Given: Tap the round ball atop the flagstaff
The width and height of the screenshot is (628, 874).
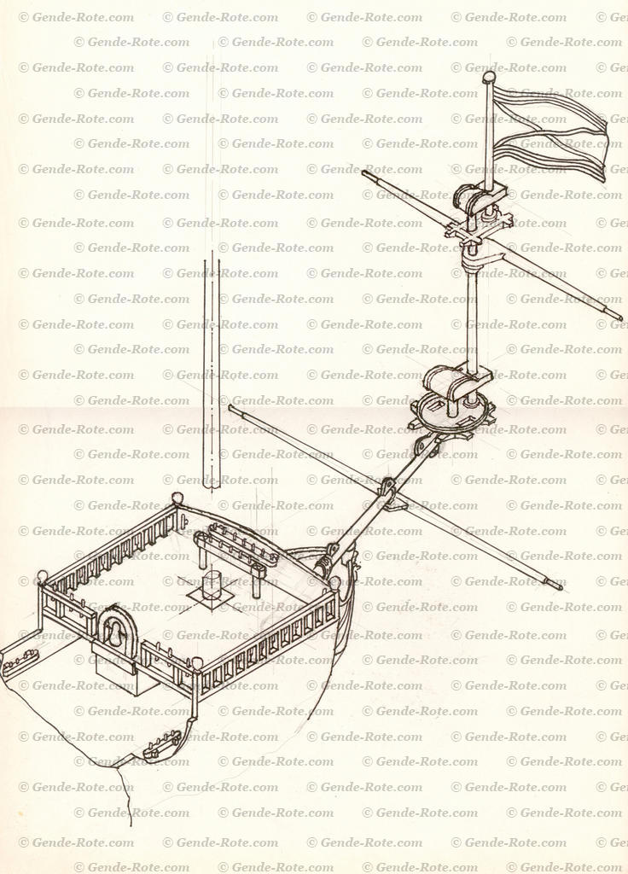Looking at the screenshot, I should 489,78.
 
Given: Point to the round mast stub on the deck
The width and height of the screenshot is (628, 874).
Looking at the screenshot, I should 212,586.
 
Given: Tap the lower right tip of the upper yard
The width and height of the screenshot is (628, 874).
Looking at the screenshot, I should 619,319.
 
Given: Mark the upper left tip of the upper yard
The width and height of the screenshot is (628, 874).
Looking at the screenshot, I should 366,174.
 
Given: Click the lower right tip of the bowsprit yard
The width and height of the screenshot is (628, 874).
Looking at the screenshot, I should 559,586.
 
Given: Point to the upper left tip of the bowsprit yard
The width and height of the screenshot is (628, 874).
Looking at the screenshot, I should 232,408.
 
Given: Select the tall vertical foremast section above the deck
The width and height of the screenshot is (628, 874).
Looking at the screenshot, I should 212,376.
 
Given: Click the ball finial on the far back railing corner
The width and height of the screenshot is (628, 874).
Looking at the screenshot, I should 177,498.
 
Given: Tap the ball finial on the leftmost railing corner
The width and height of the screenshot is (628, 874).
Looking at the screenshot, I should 43,576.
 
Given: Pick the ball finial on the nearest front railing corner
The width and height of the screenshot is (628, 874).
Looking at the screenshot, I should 197,663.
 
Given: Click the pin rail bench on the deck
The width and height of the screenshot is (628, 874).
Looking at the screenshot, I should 235,546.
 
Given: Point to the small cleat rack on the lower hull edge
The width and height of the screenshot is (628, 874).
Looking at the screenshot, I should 162,745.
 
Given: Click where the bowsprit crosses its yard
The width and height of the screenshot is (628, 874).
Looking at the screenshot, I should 388,489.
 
